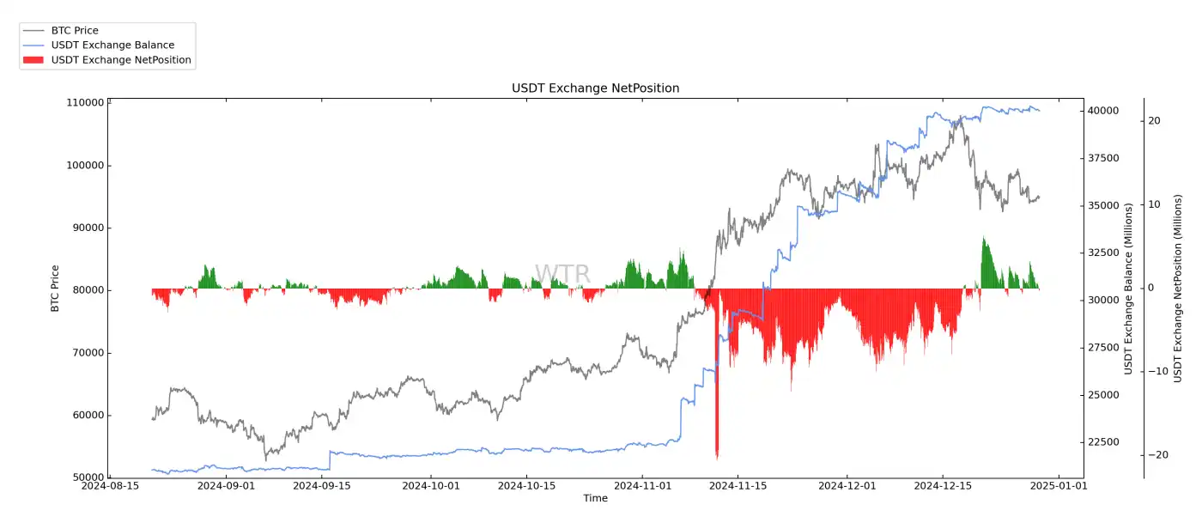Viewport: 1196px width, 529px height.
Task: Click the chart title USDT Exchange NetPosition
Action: pyautogui.click(x=595, y=88)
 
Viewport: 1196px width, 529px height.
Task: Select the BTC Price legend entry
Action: pyautogui.click(x=75, y=31)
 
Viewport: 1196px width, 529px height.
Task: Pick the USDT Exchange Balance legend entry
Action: pyautogui.click(x=112, y=46)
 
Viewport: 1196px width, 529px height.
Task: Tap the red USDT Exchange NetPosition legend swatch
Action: pyautogui.click(x=33, y=60)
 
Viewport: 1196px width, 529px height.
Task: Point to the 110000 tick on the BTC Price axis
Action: pyautogui.click(x=85, y=103)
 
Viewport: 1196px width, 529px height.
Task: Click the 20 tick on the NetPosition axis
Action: pyautogui.click(x=1155, y=121)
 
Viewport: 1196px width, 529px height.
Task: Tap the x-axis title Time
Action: pyautogui.click(x=595, y=499)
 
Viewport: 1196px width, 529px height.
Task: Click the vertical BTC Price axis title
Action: pyautogui.click(x=56, y=289)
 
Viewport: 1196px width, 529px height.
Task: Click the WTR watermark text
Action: pyautogui.click(x=562, y=274)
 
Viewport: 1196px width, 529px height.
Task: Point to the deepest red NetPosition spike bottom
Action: pyautogui.click(x=717, y=458)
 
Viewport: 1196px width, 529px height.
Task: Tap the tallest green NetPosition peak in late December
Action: pyautogui.click(x=983, y=239)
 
